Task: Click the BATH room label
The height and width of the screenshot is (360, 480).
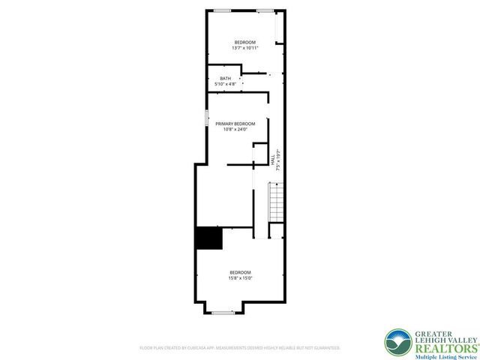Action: tap(225, 79)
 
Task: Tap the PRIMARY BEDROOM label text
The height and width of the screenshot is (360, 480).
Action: tap(235, 124)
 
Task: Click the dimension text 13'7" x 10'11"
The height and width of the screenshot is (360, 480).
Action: tap(244, 47)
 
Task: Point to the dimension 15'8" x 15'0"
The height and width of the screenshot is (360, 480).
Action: tap(240, 277)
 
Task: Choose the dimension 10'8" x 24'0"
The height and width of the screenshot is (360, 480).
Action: tap(235, 130)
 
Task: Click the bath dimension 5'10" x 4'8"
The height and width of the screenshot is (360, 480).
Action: tap(225, 84)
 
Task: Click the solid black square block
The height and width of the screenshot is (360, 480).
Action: tap(209, 238)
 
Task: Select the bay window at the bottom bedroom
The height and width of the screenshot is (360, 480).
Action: tap(221, 311)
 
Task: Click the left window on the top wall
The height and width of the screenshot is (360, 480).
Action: tap(222, 10)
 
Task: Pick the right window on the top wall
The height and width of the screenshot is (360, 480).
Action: tap(265, 10)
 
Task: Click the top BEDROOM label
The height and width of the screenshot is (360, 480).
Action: tap(244, 41)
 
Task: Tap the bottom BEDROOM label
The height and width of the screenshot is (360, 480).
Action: tap(240, 271)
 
